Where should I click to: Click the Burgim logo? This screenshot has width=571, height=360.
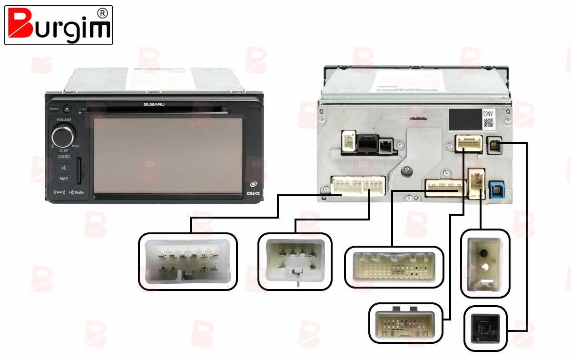[58, 25]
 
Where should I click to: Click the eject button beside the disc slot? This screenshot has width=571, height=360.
[67, 109]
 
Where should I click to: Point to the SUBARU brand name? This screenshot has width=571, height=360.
[153, 104]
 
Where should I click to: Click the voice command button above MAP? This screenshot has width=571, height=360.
[63, 168]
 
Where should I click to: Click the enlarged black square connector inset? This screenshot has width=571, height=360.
[486, 328]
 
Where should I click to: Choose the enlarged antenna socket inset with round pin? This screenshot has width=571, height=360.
[485, 263]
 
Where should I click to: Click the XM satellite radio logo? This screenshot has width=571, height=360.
[59, 192]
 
